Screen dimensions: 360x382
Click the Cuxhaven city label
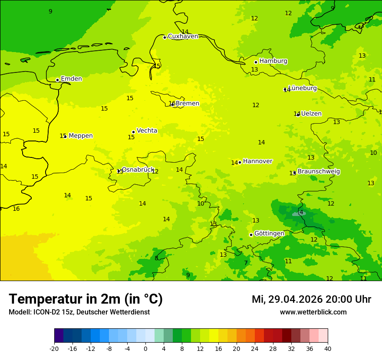[183, 36]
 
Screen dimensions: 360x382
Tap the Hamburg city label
[273, 61]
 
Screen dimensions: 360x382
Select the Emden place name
[71, 79]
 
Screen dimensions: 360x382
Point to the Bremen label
[188, 104]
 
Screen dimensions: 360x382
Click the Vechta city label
[147, 131]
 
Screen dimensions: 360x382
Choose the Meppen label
[81, 136]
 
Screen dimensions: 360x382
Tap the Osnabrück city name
[138, 170]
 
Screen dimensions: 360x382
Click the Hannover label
[257, 161]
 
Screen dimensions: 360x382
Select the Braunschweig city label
[319, 172]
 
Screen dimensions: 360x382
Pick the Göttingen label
[269, 234]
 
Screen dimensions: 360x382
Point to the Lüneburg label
[303, 88]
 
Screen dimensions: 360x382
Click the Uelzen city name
[311, 114]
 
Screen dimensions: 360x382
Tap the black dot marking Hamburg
[256, 62]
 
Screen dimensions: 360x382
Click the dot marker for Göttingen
[251, 235]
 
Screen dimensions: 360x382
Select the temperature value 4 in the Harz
[301, 213]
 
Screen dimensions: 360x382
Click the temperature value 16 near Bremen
[171, 104]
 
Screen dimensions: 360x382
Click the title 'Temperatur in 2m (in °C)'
[86, 299]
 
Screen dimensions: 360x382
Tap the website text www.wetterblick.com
[313, 312]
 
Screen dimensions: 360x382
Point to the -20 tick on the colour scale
[54, 348]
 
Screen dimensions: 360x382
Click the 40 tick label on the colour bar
[328, 348]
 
